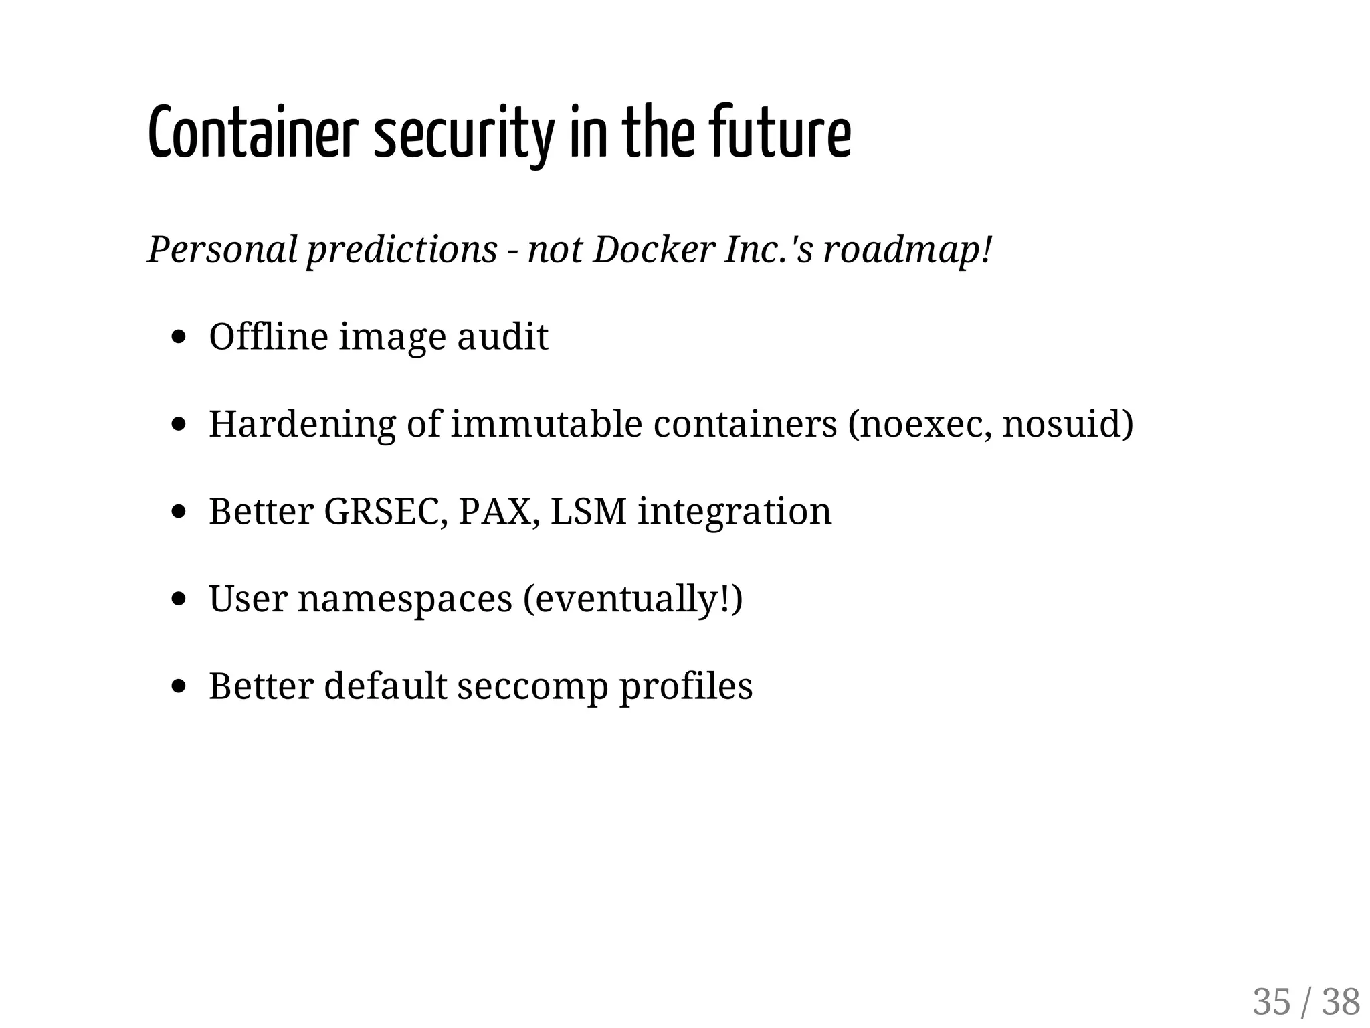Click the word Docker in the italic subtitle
[x=654, y=249]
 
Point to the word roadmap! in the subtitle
[x=907, y=249]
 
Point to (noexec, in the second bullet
[x=919, y=423]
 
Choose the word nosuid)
[x=1068, y=423]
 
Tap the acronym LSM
[x=589, y=511]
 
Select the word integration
[x=735, y=511]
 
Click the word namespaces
[x=405, y=598]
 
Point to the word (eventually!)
[x=633, y=598]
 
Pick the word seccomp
[x=532, y=686]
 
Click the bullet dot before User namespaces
[x=178, y=599]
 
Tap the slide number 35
[x=1271, y=1002]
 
